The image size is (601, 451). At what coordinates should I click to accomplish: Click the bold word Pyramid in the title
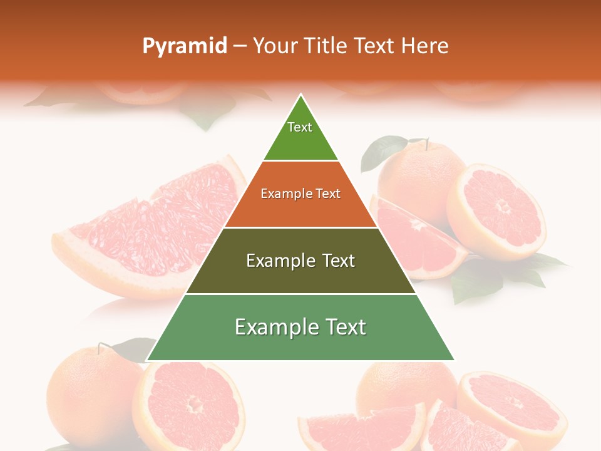click(185, 46)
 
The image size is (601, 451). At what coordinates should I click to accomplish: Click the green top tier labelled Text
click(300, 134)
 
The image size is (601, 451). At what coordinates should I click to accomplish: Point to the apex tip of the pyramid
click(301, 96)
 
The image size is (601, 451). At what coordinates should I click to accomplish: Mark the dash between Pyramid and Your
click(239, 46)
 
